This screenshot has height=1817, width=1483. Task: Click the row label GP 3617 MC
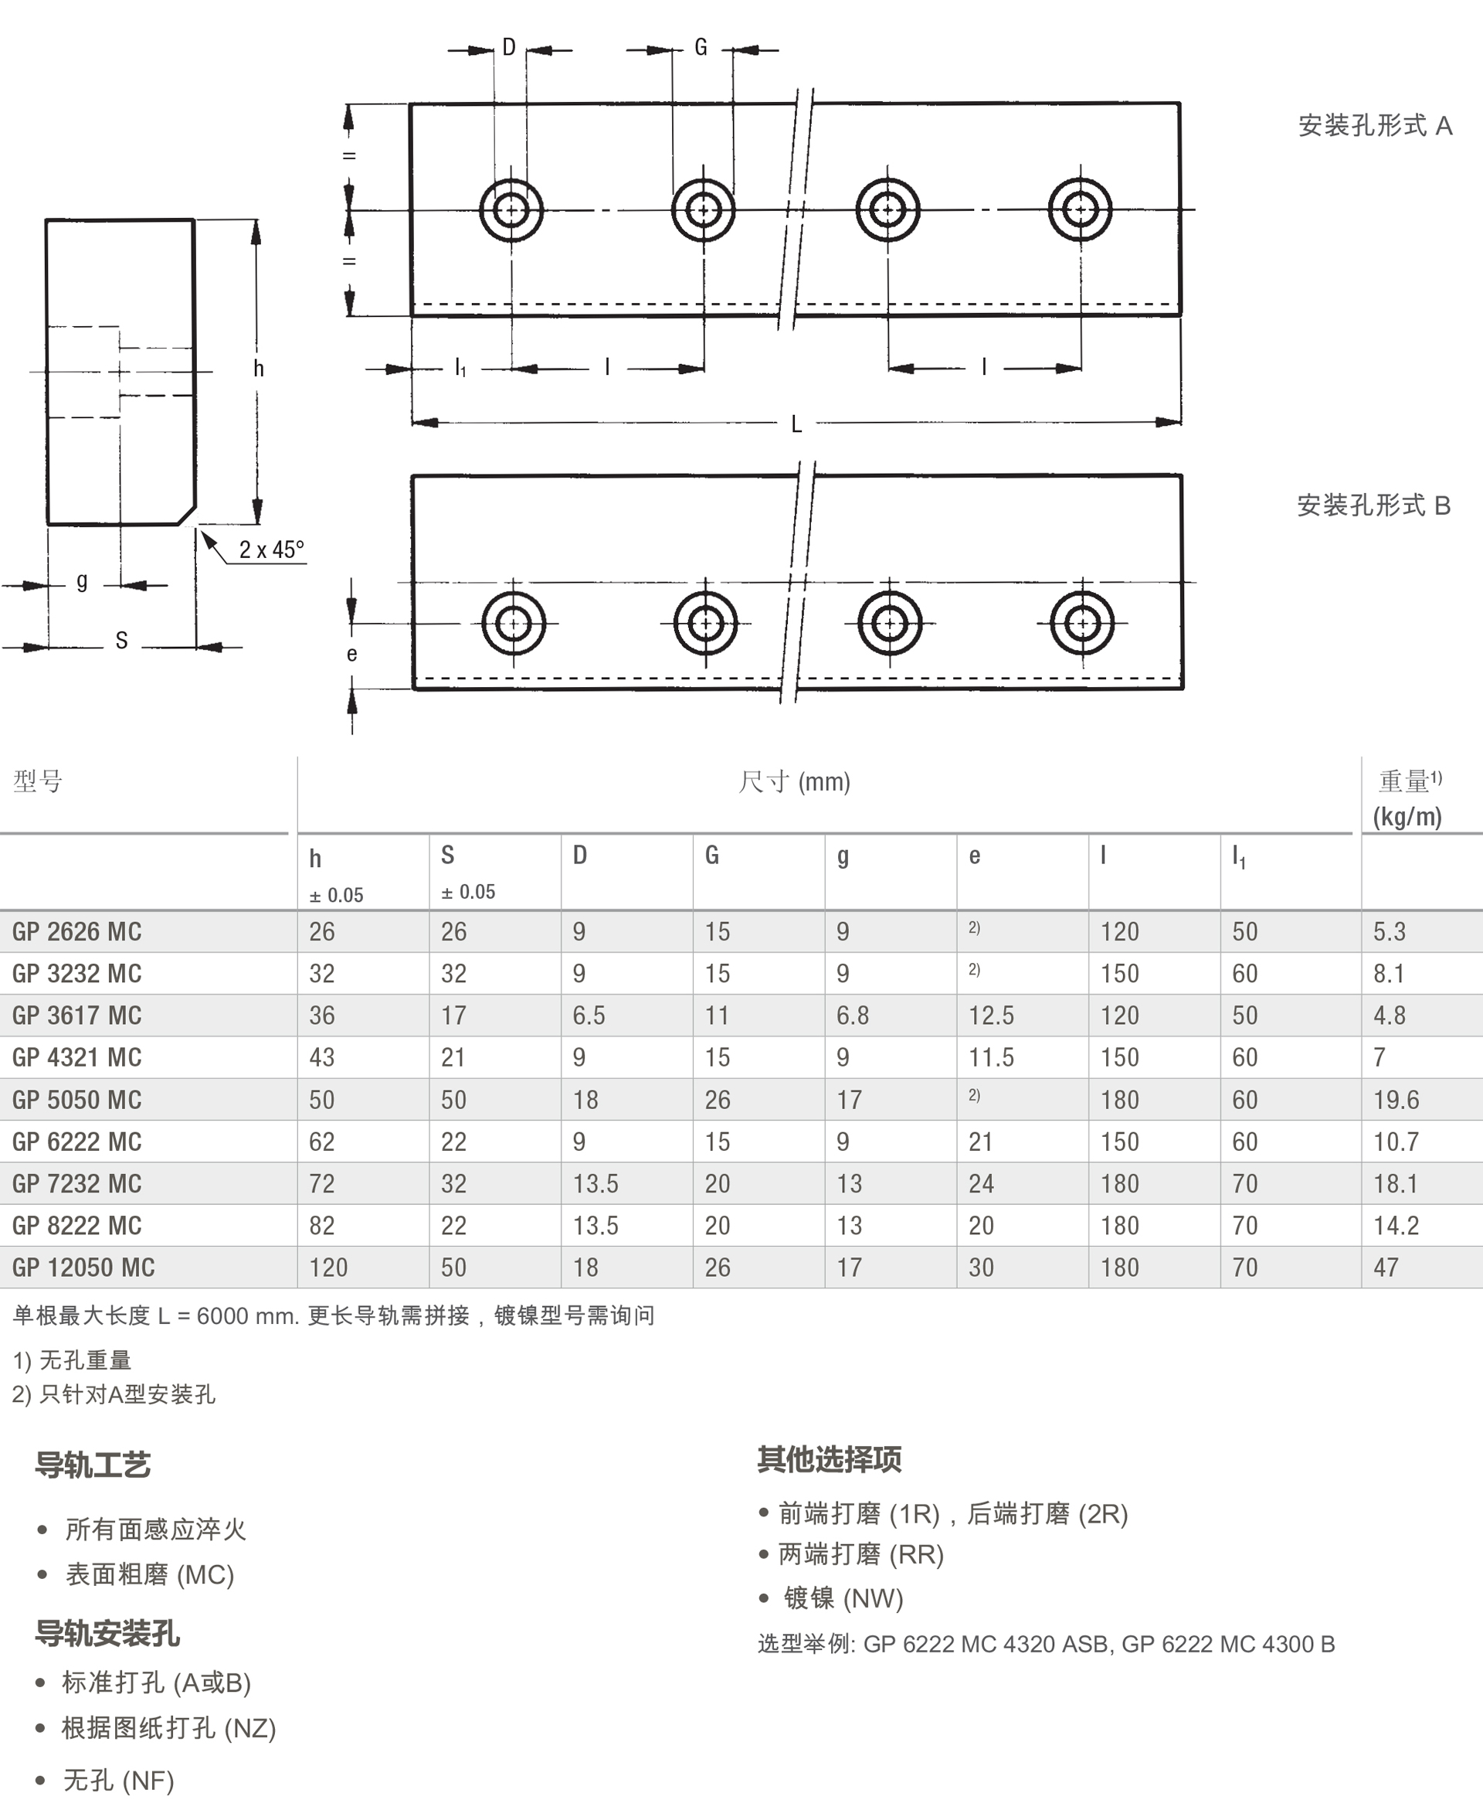tap(77, 1016)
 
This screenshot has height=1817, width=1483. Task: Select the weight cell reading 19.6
tap(1396, 1099)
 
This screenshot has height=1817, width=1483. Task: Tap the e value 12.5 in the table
tap(991, 1016)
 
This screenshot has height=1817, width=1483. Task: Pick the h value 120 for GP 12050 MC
tap(328, 1267)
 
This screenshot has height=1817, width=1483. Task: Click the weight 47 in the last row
tap(1386, 1267)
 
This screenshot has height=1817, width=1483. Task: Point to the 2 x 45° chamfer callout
tap(271, 550)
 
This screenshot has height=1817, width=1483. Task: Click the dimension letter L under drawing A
tap(796, 424)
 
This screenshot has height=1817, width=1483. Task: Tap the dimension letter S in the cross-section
tap(121, 641)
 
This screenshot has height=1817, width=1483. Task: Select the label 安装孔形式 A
tap(1375, 127)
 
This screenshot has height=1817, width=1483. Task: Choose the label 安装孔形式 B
tap(1373, 506)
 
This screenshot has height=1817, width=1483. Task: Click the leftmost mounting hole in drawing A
tap(511, 209)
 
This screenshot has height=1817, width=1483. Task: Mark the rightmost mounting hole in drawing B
tap(1081, 623)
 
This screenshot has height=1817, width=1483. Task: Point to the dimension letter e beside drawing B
tap(352, 655)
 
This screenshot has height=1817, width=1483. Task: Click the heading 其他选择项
tap(829, 1459)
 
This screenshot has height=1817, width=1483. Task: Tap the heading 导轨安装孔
tap(107, 1633)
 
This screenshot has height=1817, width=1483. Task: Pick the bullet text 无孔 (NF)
tap(119, 1780)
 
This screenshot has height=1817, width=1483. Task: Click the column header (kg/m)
tap(1407, 817)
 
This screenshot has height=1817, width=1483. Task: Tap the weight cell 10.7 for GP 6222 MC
tap(1396, 1142)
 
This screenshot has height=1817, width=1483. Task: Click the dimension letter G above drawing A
tap(701, 48)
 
